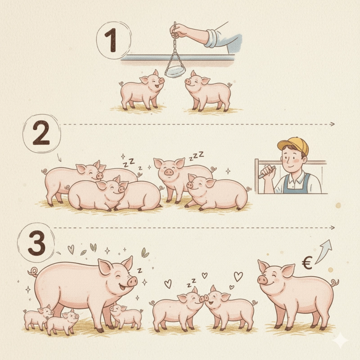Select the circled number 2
[x=41, y=133]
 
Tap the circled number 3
[x=37, y=243]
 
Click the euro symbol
[x=307, y=263]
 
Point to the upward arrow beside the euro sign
[x=324, y=251]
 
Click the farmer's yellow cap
[x=294, y=145]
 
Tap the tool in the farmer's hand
[x=267, y=172]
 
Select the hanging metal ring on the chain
[x=175, y=71]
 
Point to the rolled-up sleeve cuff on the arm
[x=211, y=38]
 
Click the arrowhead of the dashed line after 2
[x=333, y=124]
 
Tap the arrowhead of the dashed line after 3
[x=333, y=228]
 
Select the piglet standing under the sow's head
[x=126, y=316]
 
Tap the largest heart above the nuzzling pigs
[x=238, y=276]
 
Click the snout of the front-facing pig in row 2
[x=169, y=172]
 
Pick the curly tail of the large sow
[x=33, y=272]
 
